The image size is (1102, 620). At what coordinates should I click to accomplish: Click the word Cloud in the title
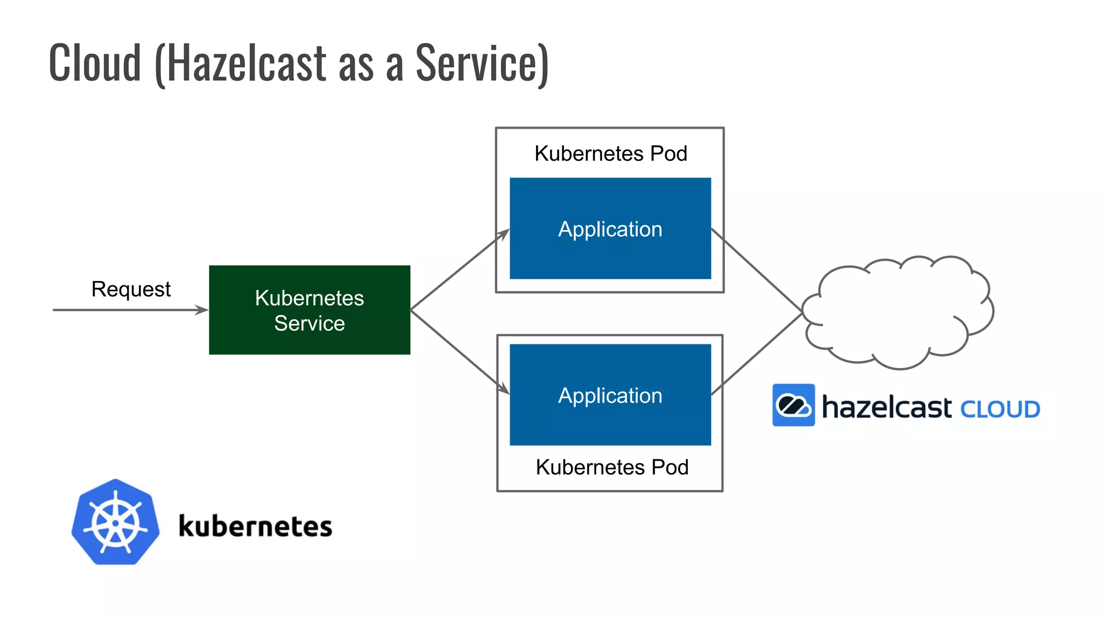pos(95,64)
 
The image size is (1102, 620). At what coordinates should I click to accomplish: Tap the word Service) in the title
pos(482,64)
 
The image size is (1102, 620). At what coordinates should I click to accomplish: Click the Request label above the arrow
pos(131,290)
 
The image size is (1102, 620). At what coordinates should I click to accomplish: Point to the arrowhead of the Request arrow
pos(203,310)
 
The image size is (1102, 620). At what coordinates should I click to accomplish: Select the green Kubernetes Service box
pos(309,310)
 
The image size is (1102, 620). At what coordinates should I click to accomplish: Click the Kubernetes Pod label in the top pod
pos(610,153)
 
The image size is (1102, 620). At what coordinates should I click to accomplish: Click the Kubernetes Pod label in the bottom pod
pos(612,467)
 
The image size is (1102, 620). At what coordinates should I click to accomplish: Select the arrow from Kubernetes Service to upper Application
pos(457,271)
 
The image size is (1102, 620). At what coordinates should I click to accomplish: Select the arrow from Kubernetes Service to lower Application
pos(457,350)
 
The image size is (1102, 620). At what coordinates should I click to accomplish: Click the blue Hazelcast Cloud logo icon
pos(793,405)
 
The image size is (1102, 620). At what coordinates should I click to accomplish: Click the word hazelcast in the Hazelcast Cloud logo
pos(886,407)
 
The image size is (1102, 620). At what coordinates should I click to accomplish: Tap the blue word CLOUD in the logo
pos(1000,410)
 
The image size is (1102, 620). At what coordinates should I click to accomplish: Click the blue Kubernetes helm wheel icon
pos(115,523)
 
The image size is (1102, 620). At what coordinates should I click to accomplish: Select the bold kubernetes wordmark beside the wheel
pos(255,526)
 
